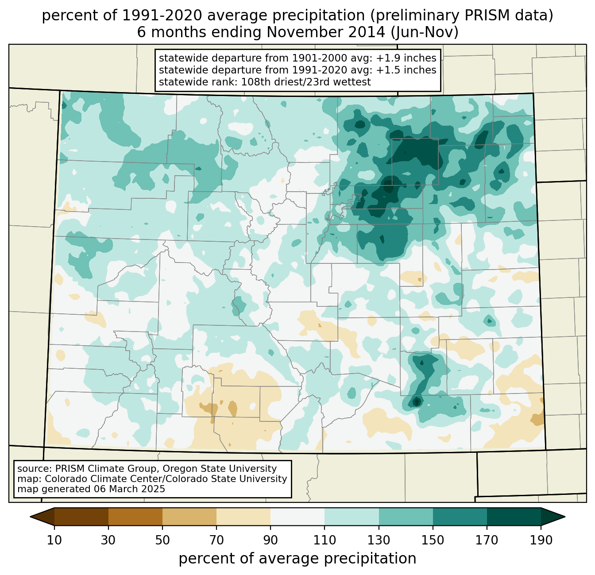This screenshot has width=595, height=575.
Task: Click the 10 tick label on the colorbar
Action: [54, 540]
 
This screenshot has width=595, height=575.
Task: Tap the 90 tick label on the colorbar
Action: [270, 540]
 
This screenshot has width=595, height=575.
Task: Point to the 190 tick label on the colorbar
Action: [541, 540]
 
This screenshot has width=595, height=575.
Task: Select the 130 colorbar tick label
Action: [379, 540]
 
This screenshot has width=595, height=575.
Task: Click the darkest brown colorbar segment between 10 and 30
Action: [81, 517]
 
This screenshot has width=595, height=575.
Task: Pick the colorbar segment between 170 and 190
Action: [514, 517]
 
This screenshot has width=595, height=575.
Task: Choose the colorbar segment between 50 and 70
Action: [189, 517]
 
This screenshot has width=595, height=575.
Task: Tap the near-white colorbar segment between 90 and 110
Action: [297, 517]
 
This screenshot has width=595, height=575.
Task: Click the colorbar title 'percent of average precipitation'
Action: [297, 559]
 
